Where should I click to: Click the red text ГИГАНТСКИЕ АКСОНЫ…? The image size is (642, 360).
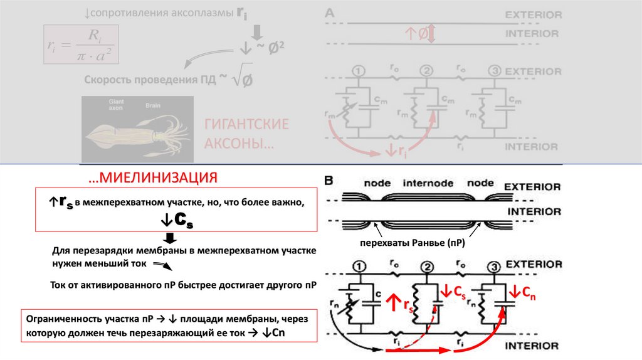[x=246, y=134]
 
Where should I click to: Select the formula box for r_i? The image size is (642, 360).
[x=81, y=44]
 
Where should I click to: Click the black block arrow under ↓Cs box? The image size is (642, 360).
[x=169, y=237]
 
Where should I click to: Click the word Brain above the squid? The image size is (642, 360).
[x=153, y=106]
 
